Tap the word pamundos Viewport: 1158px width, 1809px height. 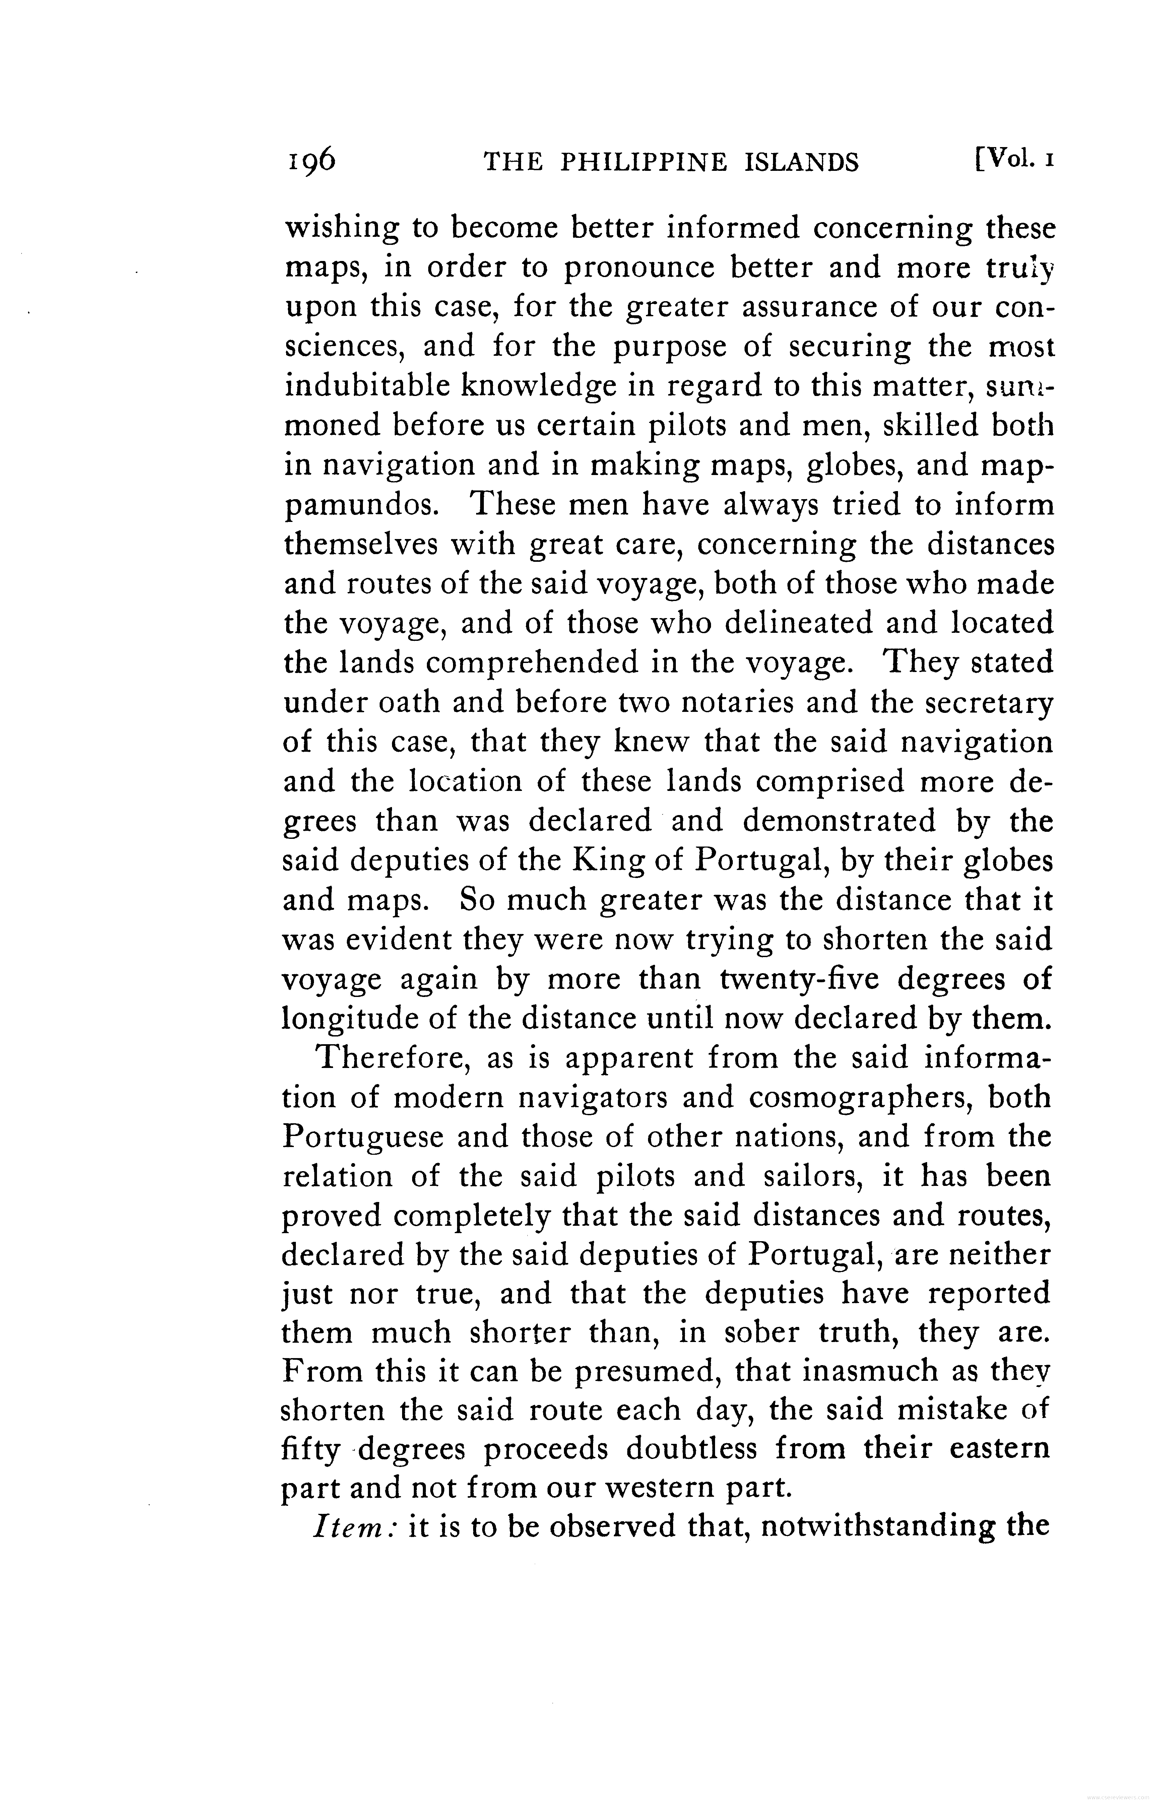tap(361, 506)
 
